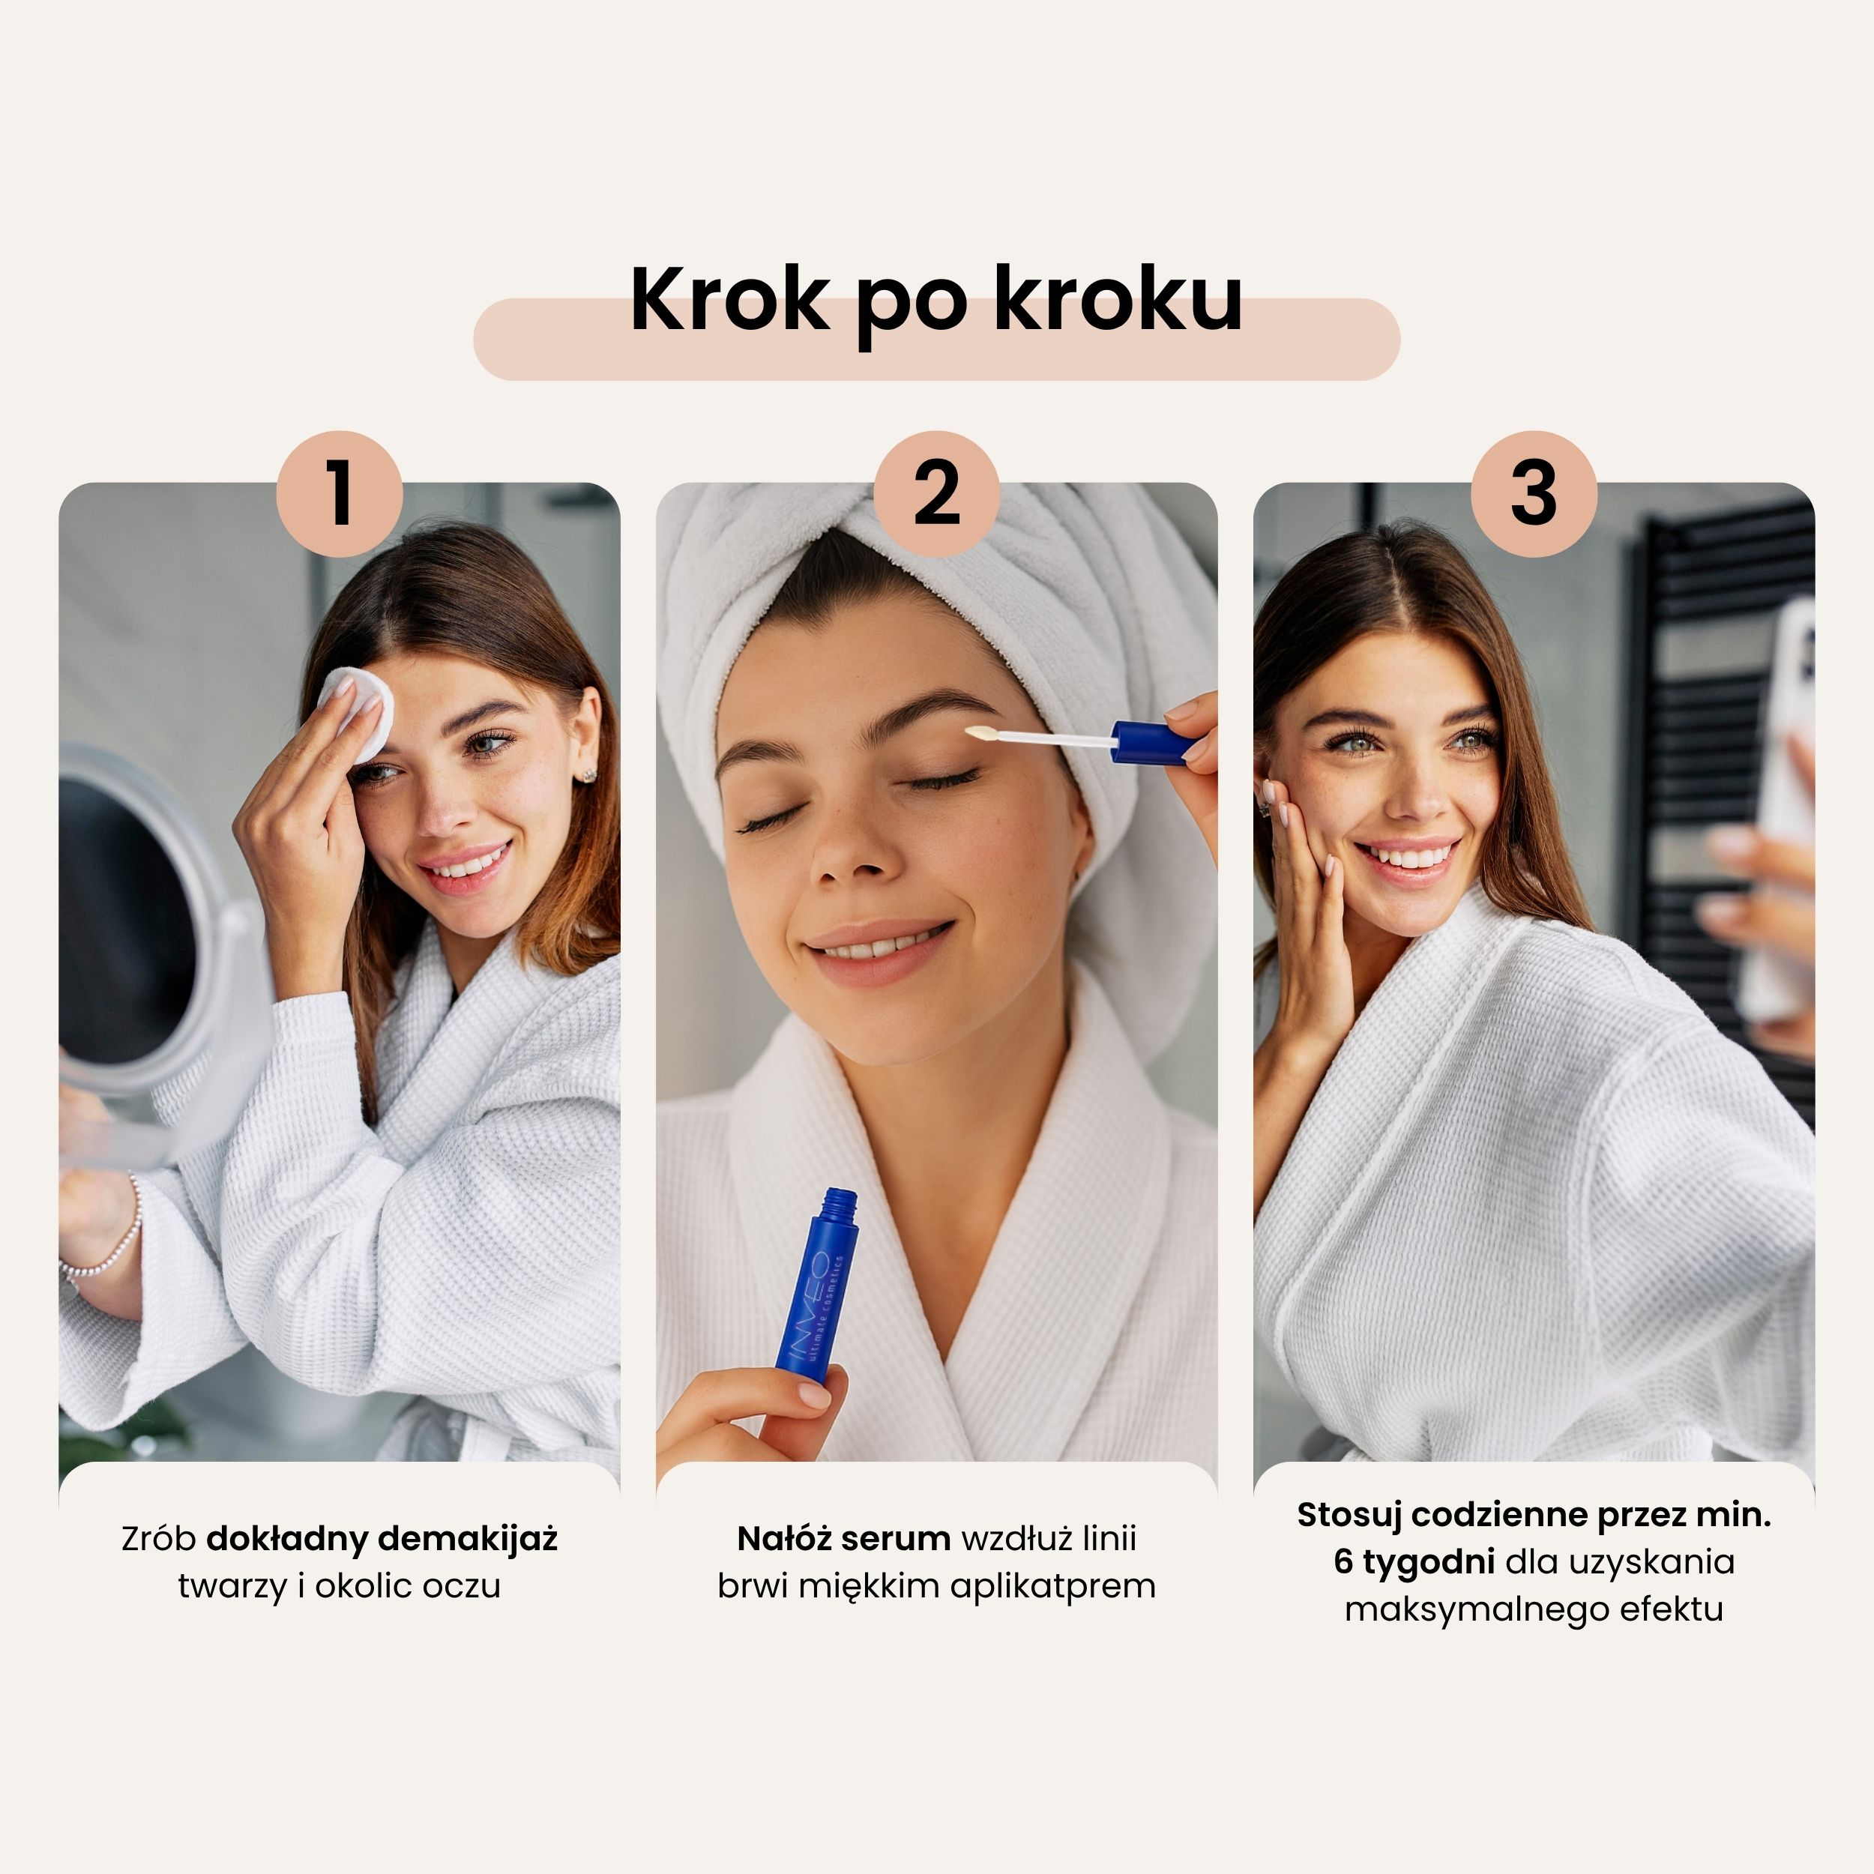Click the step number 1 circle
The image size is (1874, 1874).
coord(339,494)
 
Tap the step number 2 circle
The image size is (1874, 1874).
coord(936,494)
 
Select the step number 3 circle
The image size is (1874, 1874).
coord(1534,494)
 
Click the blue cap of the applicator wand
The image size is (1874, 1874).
coord(1152,741)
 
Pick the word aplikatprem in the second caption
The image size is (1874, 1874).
coord(1052,1588)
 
